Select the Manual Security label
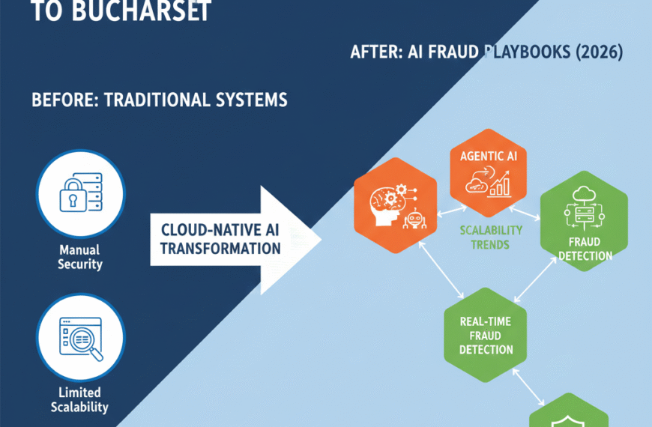(80, 258)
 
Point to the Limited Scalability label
(79, 400)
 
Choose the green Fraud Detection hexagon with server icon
(583, 222)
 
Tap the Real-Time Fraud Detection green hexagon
(486, 336)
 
